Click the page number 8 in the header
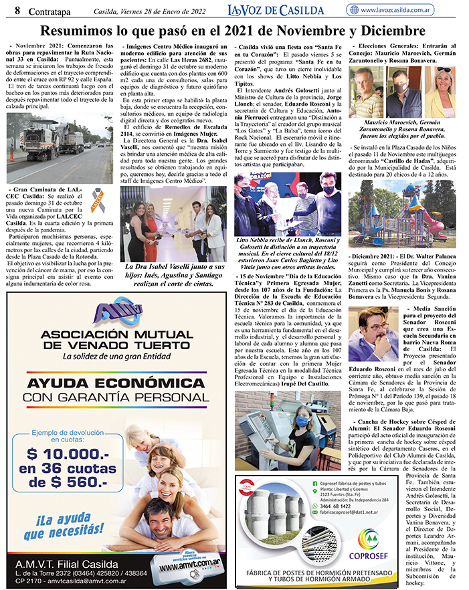point(9,9)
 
